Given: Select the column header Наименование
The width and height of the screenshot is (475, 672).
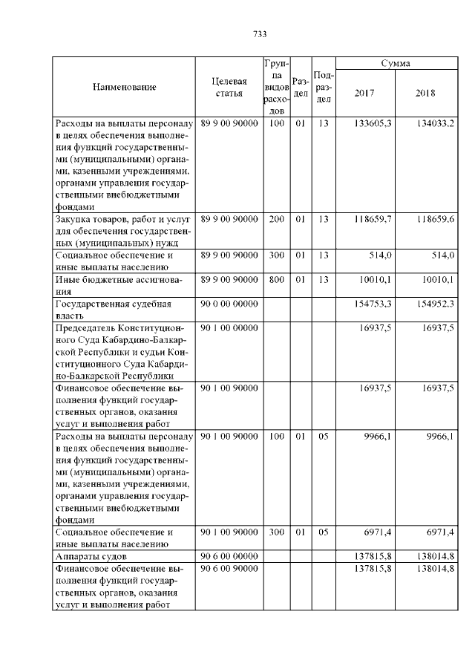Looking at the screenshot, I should (124, 87).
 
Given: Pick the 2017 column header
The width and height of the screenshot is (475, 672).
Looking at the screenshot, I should (364, 94).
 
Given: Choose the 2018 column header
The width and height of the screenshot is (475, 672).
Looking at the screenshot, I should (425, 94).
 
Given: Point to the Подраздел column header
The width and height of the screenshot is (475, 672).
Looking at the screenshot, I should (323, 87).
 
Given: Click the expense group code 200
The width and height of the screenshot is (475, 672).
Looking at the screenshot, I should (276, 220).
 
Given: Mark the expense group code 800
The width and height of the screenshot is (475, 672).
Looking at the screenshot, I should (276, 279).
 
